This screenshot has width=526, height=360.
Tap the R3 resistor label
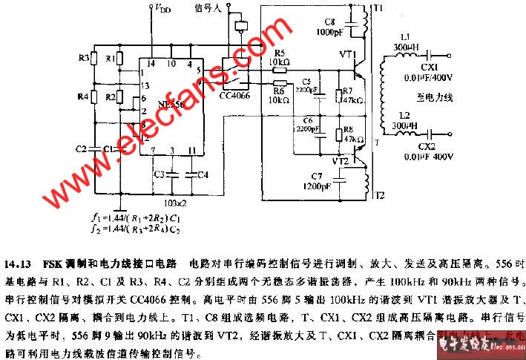(x=83, y=57)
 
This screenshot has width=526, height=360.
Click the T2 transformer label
(x=379, y=196)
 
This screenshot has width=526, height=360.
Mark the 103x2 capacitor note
(x=175, y=203)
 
